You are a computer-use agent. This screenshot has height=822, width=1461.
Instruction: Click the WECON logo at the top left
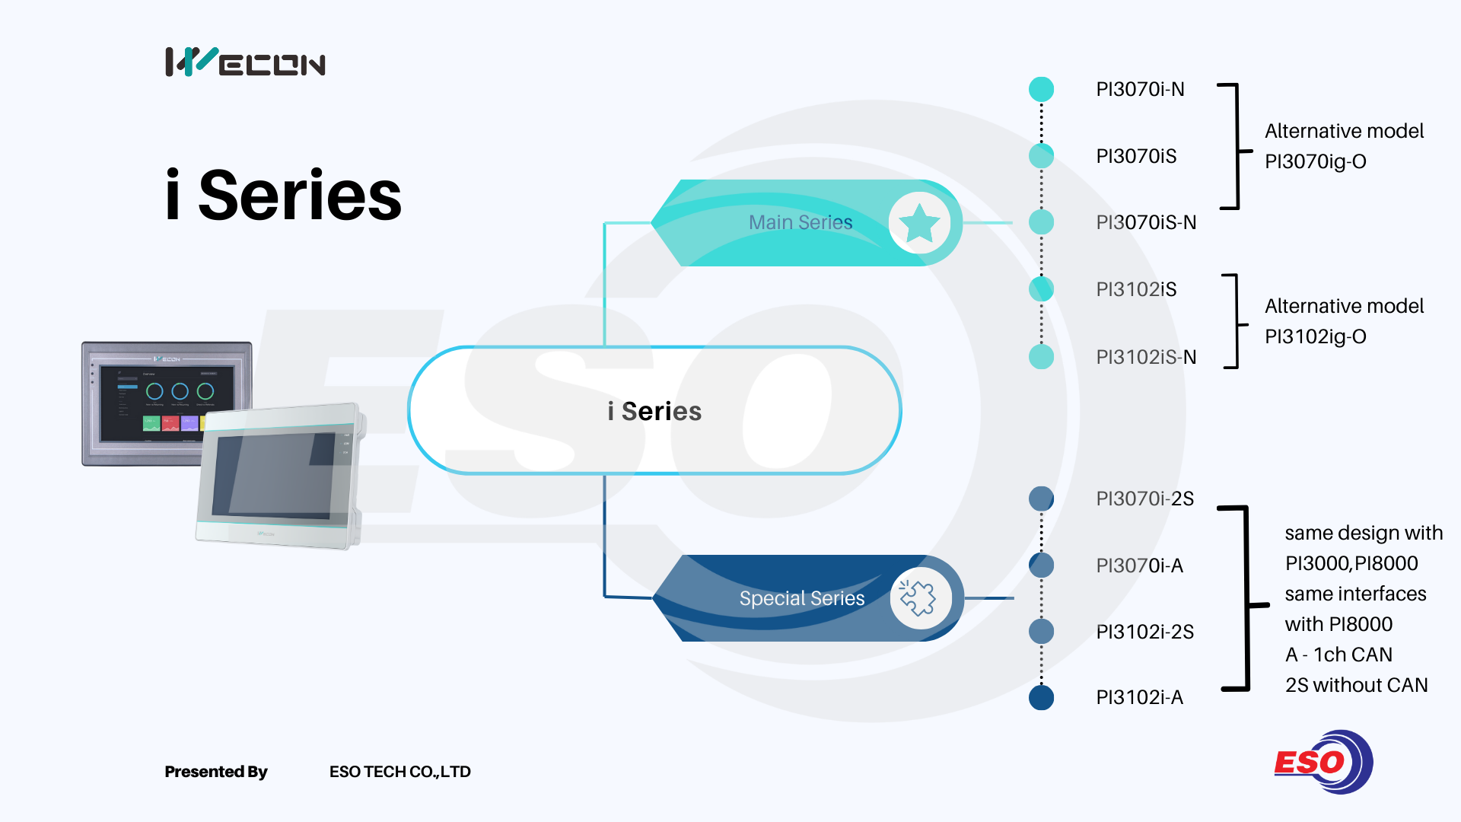(245, 62)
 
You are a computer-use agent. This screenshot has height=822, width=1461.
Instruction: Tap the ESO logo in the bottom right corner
(1323, 762)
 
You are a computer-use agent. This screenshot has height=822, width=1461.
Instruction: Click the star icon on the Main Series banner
(919, 223)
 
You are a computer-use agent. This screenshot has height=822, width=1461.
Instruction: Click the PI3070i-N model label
(1140, 90)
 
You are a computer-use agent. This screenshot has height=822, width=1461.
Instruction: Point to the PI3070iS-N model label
(1146, 223)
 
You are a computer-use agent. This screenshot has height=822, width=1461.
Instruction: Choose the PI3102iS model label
(1136, 290)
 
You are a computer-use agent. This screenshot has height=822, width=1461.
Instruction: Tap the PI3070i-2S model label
(1144, 499)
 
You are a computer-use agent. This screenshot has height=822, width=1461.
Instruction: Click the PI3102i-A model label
(1139, 698)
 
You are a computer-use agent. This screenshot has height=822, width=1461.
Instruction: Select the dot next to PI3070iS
(1041, 156)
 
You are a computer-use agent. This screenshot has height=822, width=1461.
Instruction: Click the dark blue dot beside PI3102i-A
(1041, 697)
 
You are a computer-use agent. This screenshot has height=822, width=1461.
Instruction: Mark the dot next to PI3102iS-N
(1041, 356)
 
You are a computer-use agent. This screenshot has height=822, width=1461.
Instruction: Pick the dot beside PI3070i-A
(1041, 565)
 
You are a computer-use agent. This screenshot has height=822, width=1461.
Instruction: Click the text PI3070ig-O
(1315, 162)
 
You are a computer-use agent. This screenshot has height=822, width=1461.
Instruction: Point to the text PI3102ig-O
(1315, 337)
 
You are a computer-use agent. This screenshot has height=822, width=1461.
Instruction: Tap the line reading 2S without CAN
(1356, 686)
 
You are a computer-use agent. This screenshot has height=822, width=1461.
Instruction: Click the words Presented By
(216, 772)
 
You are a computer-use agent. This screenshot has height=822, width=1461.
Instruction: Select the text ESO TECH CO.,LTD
(399, 772)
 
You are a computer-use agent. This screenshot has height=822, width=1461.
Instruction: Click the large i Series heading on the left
(283, 196)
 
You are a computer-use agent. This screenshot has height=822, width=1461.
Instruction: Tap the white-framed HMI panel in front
(279, 476)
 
